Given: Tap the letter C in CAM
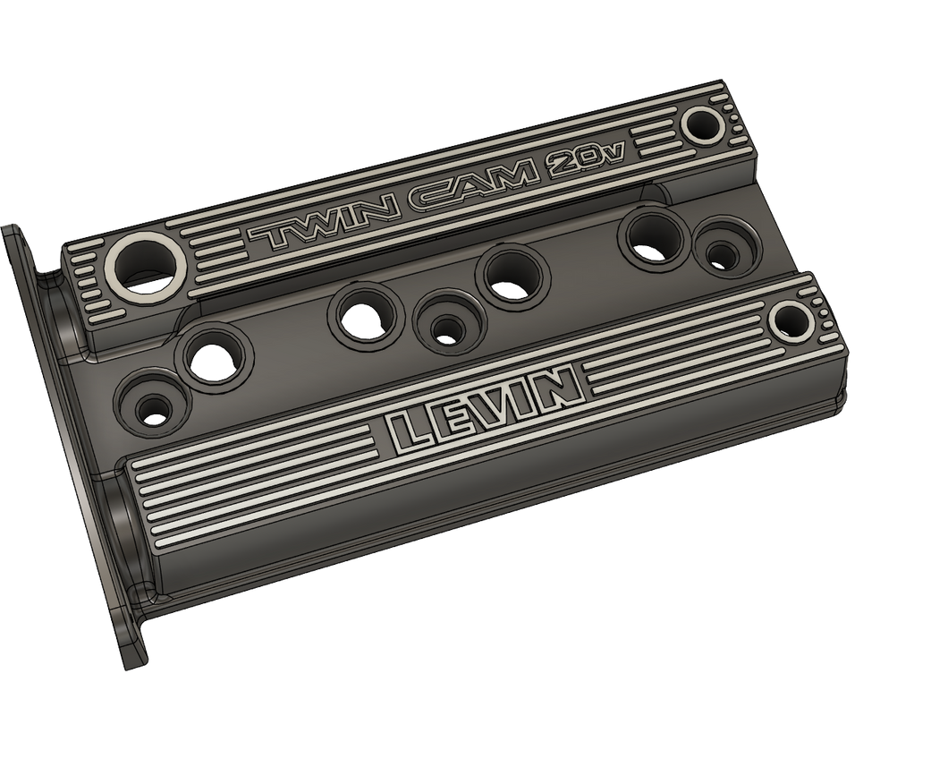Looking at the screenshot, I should coord(425,199).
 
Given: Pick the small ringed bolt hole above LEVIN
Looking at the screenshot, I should coord(790,319).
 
